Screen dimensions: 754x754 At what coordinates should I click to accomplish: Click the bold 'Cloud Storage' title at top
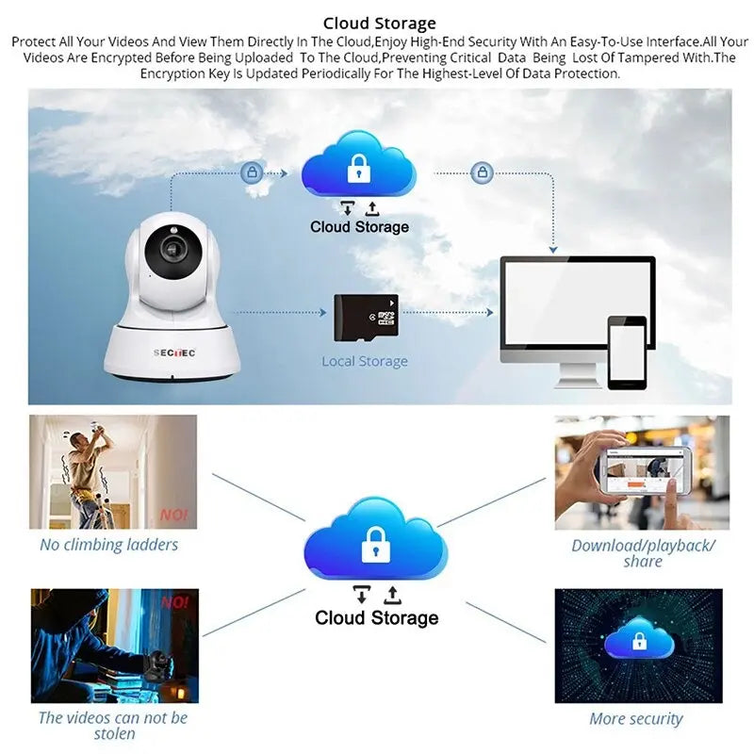(x=380, y=23)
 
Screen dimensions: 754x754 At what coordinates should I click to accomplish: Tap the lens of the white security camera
(x=174, y=250)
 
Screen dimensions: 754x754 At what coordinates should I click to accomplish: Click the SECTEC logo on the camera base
(x=173, y=353)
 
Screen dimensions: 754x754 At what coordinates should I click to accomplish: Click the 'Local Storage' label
(x=365, y=361)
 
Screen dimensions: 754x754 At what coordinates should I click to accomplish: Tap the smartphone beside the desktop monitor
(x=627, y=352)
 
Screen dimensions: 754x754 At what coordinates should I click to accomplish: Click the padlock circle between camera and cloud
(x=251, y=172)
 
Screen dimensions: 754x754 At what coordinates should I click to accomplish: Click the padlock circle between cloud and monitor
(x=483, y=172)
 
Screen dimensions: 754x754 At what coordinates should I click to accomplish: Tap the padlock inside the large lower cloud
(x=376, y=544)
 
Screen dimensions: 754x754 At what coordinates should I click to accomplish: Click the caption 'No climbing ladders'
(x=108, y=545)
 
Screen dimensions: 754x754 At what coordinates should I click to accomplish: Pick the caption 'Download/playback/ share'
(x=643, y=553)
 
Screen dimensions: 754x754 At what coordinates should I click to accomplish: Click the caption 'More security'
(x=636, y=719)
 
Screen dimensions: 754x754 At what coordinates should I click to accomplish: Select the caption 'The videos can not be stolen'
(x=113, y=726)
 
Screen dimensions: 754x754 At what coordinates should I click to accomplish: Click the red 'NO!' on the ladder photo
(x=174, y=516)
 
